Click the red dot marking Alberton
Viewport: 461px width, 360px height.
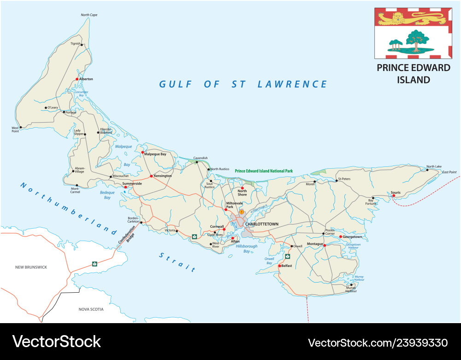77,79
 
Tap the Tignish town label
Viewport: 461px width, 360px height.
75,44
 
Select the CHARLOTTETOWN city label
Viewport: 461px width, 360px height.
262,224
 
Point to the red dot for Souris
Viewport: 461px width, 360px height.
394,196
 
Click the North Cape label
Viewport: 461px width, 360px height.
89,15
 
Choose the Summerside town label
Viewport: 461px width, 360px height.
132,183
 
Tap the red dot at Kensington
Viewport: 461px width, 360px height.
151,176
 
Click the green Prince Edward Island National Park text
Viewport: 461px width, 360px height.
264,171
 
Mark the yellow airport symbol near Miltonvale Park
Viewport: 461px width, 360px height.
241,212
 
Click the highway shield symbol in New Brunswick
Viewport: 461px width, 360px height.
95,264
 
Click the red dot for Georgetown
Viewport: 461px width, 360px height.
341,237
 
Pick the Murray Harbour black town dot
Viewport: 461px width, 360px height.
351,285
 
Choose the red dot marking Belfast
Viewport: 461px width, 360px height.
280,266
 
